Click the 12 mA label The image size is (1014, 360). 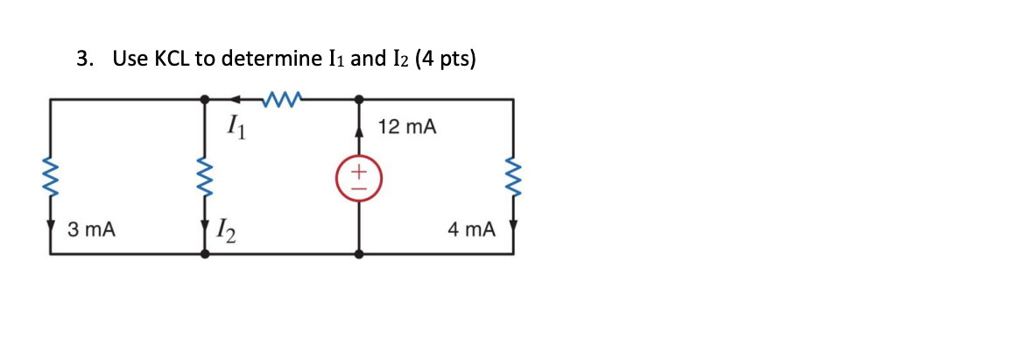point(407,128)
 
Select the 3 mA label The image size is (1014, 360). point(92,230)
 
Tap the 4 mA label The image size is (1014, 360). point(470,230)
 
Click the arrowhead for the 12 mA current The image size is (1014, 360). point(359,131)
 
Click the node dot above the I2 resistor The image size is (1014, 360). point(205,100)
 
